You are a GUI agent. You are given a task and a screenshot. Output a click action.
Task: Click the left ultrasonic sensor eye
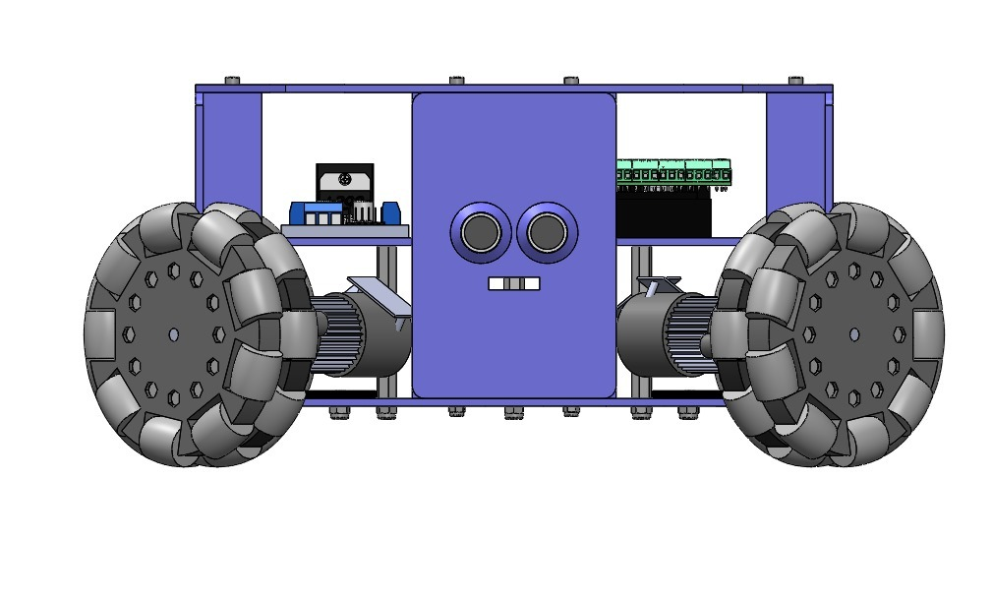tap(480, 233)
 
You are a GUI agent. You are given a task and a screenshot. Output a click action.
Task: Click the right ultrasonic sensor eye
tap(546, 233)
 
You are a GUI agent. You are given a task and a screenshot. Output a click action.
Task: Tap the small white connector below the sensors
tap(513, 283)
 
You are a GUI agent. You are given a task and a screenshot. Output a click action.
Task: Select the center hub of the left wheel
tap(174, 334)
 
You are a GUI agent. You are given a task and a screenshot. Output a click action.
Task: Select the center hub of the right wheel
tap(852, 334)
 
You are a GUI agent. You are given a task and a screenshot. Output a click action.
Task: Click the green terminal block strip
tap(674, 172)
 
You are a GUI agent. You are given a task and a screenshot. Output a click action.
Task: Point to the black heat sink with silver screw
tap(343, 183)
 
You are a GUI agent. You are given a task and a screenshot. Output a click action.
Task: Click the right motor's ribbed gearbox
tap(688, 334)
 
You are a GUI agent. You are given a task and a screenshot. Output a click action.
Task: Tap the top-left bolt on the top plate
tap(232, 80)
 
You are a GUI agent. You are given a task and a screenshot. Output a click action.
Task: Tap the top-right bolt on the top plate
tap(795, 80)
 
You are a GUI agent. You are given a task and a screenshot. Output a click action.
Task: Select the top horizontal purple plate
tap(513, 89)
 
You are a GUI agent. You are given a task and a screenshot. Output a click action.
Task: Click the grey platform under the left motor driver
tap(344, 231)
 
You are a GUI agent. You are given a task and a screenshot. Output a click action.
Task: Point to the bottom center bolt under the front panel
tap(513, 412)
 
